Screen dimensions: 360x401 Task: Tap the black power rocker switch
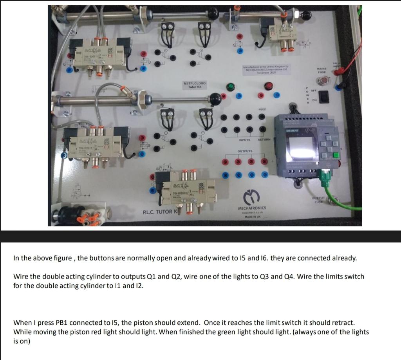click(x=323, y=96)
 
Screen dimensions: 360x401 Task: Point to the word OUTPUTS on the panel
click(x=245, y=151)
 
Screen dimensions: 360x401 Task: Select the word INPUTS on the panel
click(x=245, y=140)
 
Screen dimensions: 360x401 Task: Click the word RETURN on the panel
click(x=264, y=140)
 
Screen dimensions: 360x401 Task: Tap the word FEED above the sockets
click(x=262, y=109)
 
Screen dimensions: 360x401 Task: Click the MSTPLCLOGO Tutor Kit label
click(x=195, y=85)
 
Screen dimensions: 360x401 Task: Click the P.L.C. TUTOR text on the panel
click(x=158, y=212)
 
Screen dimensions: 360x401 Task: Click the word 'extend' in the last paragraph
click(x=191, y=323)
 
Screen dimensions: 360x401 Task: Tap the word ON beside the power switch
click(x=314, y=100)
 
